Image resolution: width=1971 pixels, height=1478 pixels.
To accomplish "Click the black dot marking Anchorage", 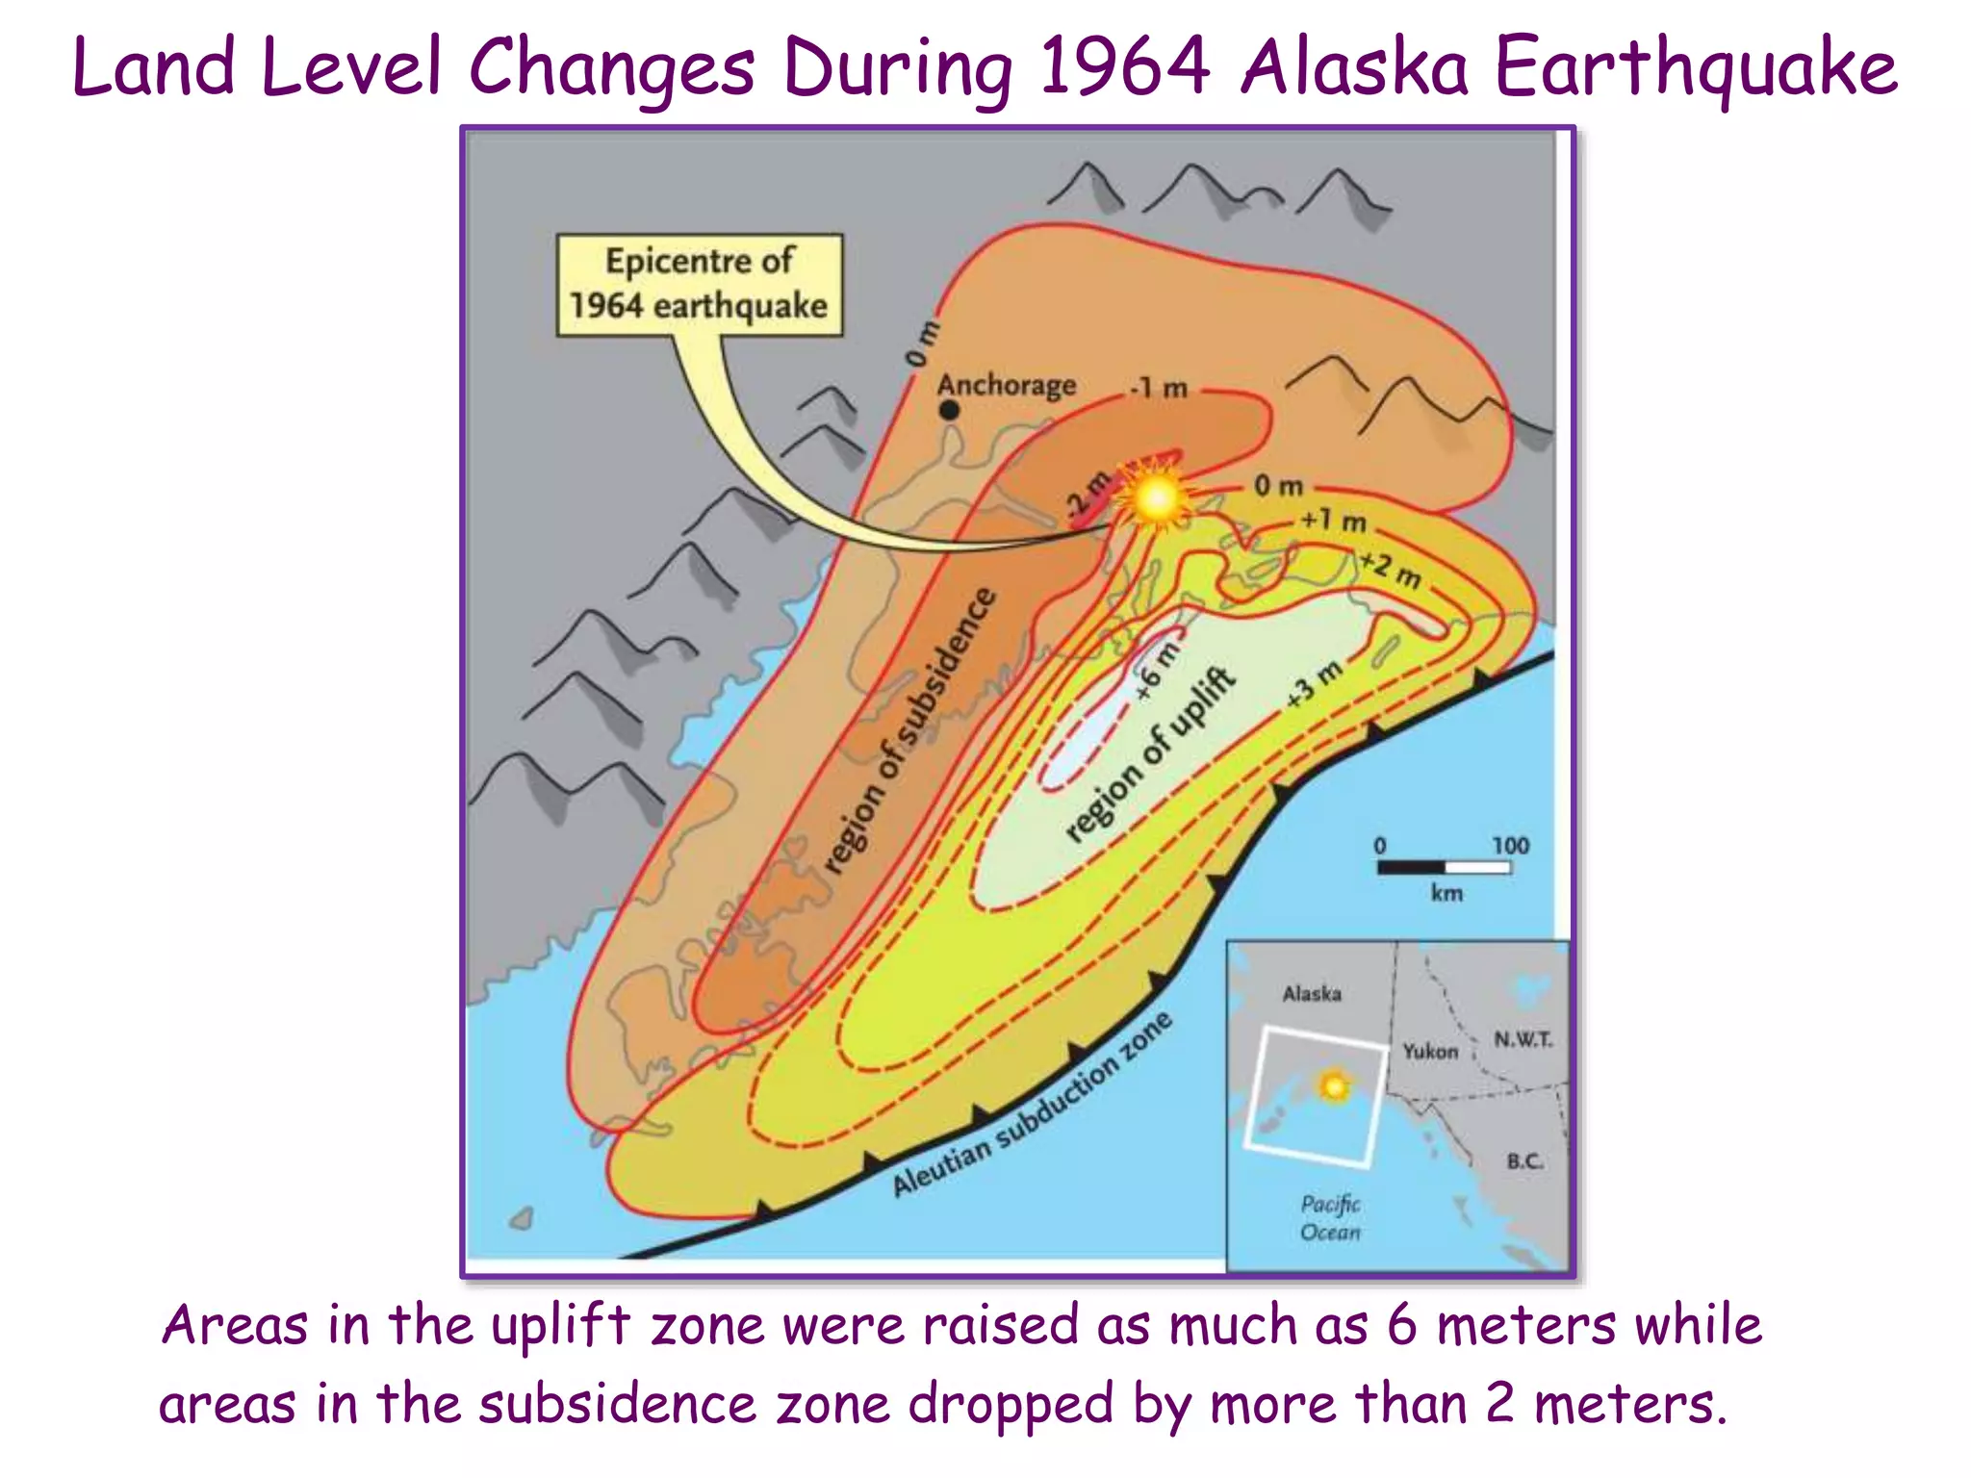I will [949, 410].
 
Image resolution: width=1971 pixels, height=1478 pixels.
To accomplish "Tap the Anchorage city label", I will [1007, 385].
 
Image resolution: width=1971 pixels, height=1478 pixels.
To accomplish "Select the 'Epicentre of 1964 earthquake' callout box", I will [700, 284].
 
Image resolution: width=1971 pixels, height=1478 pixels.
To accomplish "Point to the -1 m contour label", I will [1160, 389].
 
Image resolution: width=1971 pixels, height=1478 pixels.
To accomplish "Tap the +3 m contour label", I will [1316, 684].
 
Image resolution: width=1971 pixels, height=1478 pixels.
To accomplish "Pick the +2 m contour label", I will [1391, 570].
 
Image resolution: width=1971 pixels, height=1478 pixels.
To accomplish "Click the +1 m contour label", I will [1334, 522].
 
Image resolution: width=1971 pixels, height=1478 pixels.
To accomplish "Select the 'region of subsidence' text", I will [910, 731].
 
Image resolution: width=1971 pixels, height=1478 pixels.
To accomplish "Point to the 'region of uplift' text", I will [1150, 755].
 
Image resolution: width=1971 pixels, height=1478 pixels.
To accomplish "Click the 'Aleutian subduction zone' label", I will [1032, 1105].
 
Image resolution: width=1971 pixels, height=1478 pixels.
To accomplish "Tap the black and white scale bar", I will [1444, 868].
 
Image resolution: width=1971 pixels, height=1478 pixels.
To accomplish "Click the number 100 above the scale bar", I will [1510, 845].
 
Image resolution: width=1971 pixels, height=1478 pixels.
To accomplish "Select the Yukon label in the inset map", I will [1430, 1051].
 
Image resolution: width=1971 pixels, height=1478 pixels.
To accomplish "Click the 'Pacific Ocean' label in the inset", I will [1330, 1217].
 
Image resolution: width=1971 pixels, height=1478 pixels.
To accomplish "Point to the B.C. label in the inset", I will [1525, 1161].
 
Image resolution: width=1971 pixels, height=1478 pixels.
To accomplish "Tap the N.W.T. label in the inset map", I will [1523, 1039].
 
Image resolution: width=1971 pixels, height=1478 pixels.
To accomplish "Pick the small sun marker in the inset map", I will [1334, 1086].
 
